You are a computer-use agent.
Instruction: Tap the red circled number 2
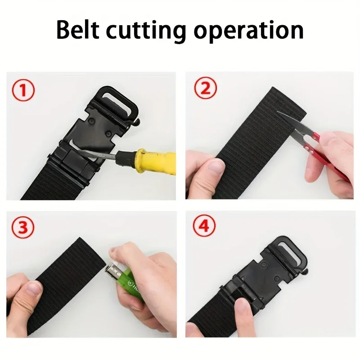coord(205,90)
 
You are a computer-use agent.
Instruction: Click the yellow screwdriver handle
coord(148,160)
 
